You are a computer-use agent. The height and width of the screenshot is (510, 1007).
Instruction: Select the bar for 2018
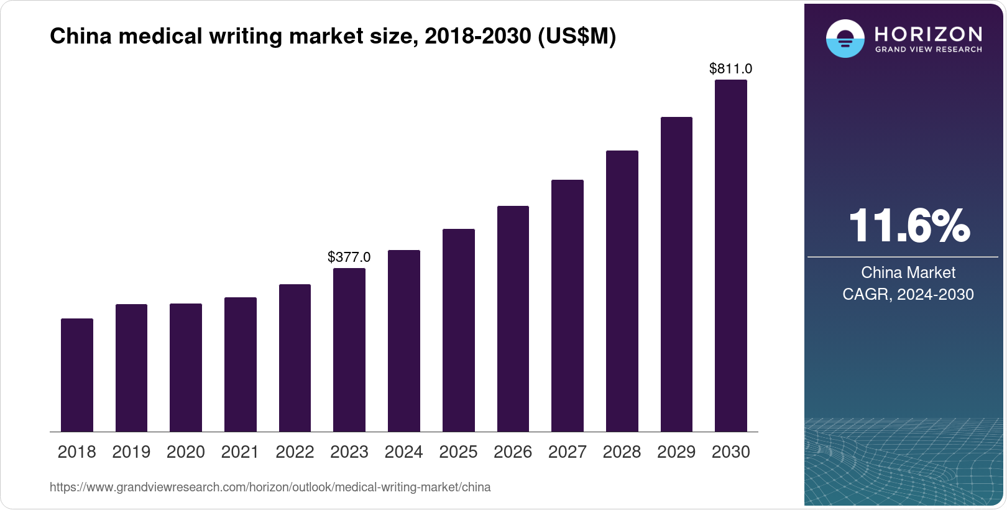point(77,375)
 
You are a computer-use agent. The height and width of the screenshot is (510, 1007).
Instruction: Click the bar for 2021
point(241,364)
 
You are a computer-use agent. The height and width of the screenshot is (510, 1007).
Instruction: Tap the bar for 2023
point(349,350)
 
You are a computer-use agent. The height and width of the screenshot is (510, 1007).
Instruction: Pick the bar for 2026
point(513,318)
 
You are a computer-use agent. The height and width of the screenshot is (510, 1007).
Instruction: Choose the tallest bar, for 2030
point(731,256)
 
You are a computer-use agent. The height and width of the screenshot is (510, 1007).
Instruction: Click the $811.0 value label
point(731,68)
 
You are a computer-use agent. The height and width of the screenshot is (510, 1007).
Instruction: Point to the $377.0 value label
point(349,257)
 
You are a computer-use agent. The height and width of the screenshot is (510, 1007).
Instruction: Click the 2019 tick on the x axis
point(131,452)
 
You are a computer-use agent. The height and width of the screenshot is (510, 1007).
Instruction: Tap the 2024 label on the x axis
point(403,452)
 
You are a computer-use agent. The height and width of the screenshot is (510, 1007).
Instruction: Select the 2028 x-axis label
point(622,452)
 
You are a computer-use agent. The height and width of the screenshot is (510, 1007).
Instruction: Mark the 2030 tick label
point(731,452)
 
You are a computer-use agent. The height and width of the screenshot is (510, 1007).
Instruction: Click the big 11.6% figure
point(908,226)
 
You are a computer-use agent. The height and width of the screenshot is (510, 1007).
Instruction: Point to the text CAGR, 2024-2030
point(908,294)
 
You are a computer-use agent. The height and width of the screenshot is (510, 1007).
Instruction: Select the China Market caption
point(908,272)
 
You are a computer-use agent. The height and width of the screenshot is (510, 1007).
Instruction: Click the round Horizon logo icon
point(845,39)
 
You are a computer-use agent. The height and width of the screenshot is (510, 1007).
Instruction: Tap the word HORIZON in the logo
point(928,34)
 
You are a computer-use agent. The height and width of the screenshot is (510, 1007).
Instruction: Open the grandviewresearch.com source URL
point(270,488)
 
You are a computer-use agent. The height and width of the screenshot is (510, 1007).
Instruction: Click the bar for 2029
point(676,274)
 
